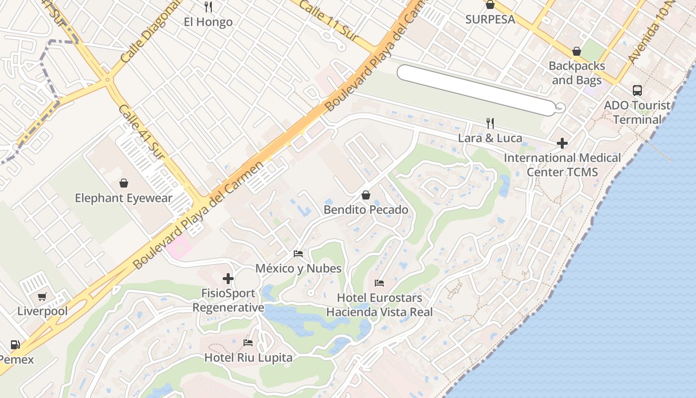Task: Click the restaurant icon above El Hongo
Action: click(x=208, y=7)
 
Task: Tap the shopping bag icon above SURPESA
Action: click(x=490, y=5)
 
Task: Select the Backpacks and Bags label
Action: click(x=577, y=73)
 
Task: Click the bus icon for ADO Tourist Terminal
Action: click(x=637, y=91)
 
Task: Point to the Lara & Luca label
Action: click(x=490, y=138)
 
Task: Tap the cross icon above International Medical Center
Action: click(x=562, y=143)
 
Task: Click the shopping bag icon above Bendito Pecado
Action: click(x=366, y=195)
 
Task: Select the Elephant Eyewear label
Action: click(x=124, y=198)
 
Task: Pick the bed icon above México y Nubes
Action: click(x=298, y=254)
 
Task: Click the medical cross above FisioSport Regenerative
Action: click(x=228, y=279)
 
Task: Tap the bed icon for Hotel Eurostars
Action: click(x=379, y=283)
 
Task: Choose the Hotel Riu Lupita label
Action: click(x=248, y=357)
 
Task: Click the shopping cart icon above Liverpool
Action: click(x=42, y=297)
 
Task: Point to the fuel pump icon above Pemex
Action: click(x=15, y=344)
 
